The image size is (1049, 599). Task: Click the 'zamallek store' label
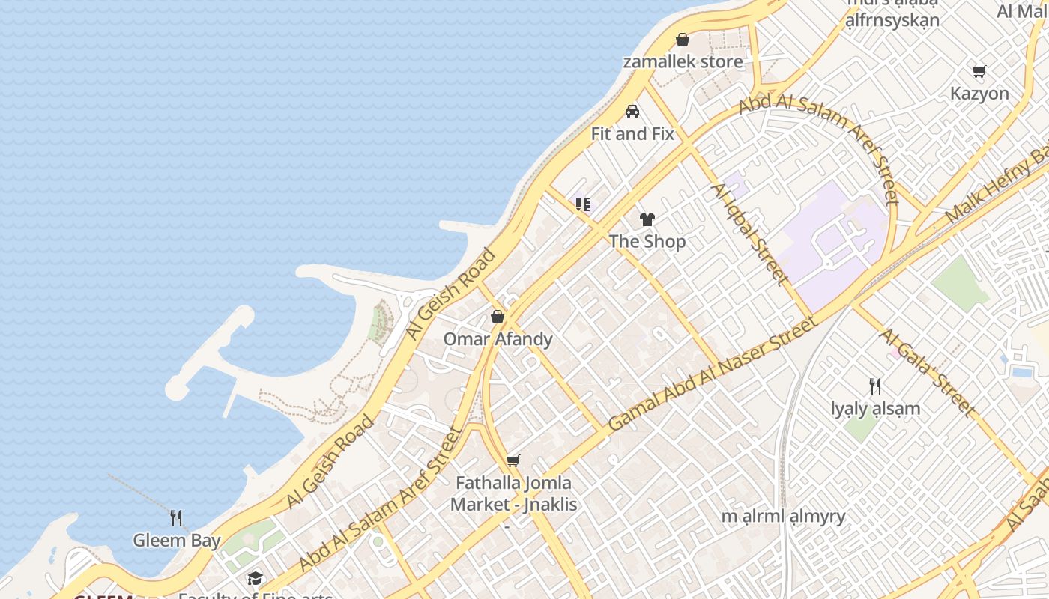coord(683,61)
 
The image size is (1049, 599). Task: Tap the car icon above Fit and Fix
coord(632,112)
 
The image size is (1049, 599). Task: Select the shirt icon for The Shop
coord(647,219)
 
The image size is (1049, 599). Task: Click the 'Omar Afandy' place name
coord(498,339)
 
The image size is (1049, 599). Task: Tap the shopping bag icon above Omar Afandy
coord(498,317)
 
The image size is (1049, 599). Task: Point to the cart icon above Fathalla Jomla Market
coord(513,460)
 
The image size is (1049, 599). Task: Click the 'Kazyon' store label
coord(979,94)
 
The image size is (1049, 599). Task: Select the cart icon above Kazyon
coord(979,72)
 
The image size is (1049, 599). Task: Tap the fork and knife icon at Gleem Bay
coord(176,517)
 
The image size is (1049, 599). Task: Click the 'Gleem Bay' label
coord(177,541)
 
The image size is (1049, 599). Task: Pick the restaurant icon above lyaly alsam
coord(875,386)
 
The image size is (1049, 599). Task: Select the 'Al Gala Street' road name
coord(926,373)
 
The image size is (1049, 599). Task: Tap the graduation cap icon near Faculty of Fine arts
coord(256,579)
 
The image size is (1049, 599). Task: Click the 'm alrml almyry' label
coord(783,516)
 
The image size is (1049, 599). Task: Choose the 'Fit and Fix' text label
coord(632,134)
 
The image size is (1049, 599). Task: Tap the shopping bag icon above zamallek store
coord(683,40)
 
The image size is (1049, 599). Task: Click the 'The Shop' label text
coord(647,241)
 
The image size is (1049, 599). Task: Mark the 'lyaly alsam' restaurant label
coord(875,409)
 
